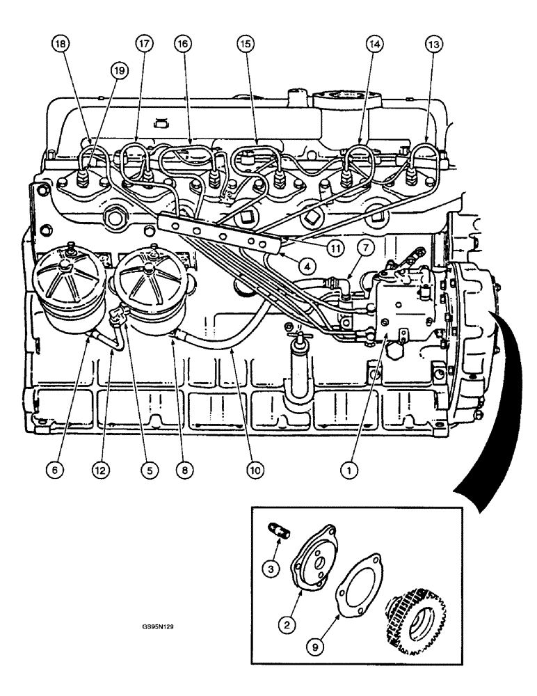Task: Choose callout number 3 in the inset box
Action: [273, 569]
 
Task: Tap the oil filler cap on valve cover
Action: [341, 100]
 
